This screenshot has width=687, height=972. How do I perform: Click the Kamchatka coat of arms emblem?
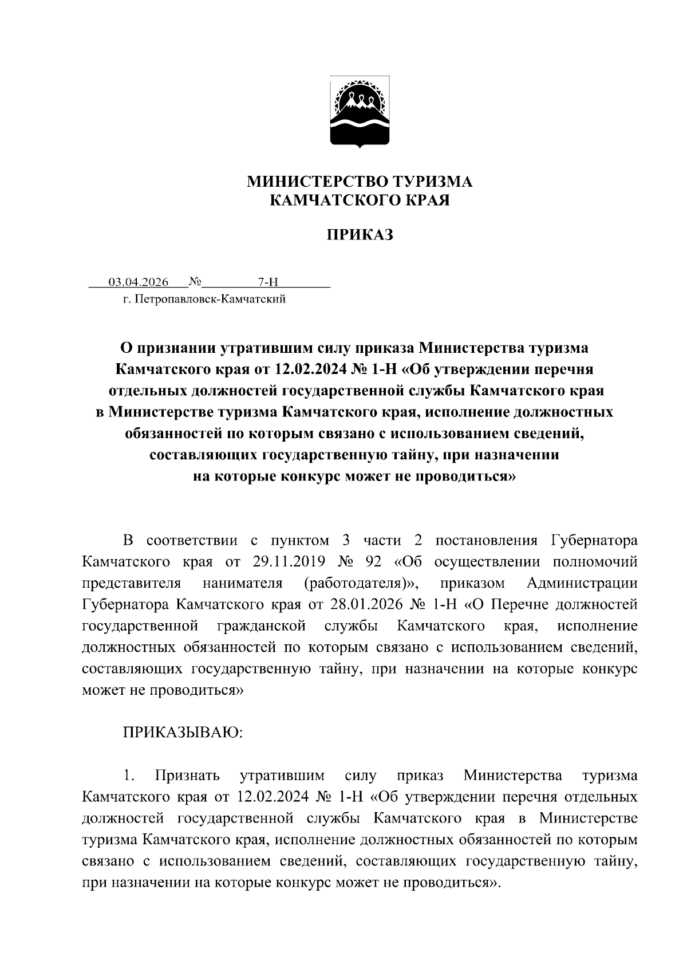[360, 112]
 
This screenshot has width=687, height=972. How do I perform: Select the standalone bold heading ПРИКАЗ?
[360, 235]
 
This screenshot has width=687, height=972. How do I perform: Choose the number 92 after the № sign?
[373, 562]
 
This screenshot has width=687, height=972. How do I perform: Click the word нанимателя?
[243, 583]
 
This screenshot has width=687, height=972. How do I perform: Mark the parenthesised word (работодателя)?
[360, 583]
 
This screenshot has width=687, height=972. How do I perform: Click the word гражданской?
[262, 625]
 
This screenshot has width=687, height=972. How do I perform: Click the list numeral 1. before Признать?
[129, 776]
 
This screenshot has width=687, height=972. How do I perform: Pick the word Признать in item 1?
[188, 776]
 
